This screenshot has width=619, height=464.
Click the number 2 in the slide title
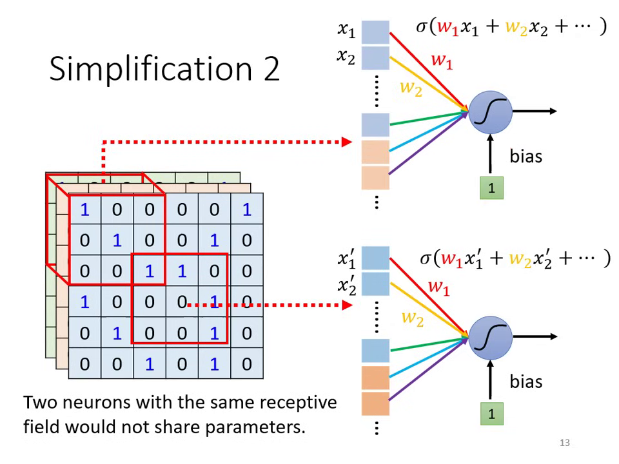click(x=270, y=68)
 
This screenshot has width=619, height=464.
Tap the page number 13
click(x=565, y=442)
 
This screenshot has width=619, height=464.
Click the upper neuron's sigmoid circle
click(x=491, y=112)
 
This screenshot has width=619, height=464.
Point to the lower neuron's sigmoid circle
click(x=491, y=336)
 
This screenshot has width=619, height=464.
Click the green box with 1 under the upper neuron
click(x=491, y=188)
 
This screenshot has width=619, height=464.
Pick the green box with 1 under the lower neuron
click(x=491, y=413)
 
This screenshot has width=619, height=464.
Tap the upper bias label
click(x=526, y=156)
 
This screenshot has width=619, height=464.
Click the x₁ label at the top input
click(x=346, y=29)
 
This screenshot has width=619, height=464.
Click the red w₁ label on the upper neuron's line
click(x=442, y=61)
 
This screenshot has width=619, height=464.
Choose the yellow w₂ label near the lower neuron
click(x=412, y=318)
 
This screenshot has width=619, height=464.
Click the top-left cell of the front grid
click(x=84, y=209)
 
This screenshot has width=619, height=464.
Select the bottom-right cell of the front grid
click(x=247, y=363)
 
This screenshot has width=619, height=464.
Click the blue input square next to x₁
click(x=375, y=32)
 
